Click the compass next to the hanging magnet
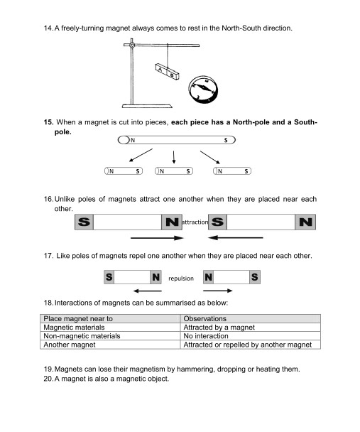203,90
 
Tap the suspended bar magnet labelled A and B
167,72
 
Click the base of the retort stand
147,106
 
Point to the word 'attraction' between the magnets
195,222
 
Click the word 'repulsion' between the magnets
181,279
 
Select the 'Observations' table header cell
251,318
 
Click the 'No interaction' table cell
251,336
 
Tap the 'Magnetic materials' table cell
110,328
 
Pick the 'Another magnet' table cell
110,345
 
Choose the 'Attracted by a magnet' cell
251,328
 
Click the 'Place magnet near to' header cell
110,318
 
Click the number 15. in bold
48,122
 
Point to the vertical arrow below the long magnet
173,157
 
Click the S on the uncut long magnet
226,140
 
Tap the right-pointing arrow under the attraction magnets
157,238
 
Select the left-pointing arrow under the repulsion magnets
148,291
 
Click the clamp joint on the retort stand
132,45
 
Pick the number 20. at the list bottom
48,379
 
